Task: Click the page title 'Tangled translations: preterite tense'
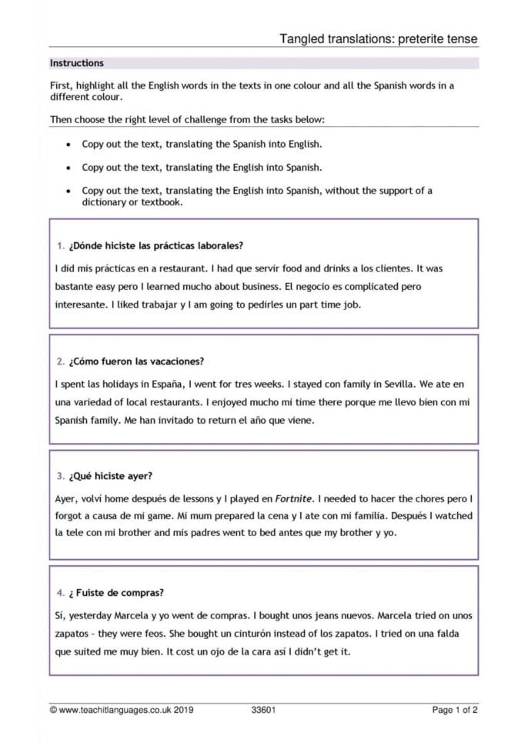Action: pyautogui.click(x=378, y=38)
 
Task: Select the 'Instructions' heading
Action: pyautogui.click(x=76, y=63)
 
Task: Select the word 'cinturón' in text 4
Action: pyautogui.click(x=252, y=634)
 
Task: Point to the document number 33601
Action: pyautogui.click(x=263, y=710)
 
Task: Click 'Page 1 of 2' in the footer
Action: pyautogui.click(x=455, y=710)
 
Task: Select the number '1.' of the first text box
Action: pyautogui.click(x=60, y=246)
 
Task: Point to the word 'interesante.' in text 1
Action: pyautogui.click(x=82, y=305)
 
